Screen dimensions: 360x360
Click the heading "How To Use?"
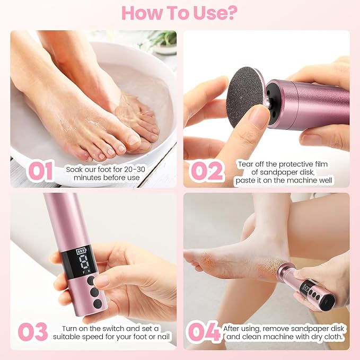(180, 13)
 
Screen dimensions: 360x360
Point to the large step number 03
(33, 332)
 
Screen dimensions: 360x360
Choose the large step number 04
(204, 332)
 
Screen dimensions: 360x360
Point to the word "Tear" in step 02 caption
(245, 163)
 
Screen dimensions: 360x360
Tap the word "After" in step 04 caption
(234, 328)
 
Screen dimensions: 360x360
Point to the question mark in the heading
(231, 13)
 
